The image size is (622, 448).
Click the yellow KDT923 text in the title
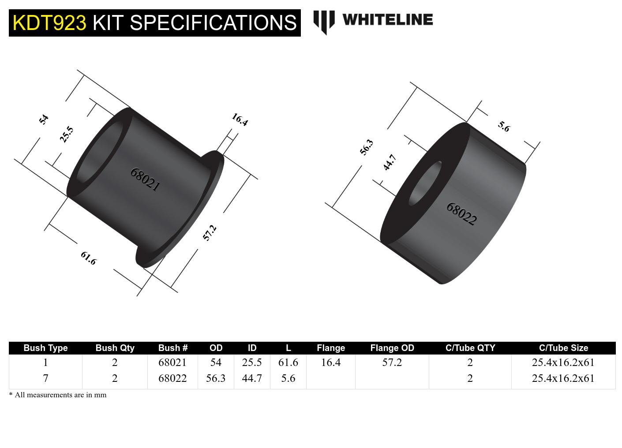click(x=49, y=22)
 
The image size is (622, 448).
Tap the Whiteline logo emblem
click(x=324, y=22)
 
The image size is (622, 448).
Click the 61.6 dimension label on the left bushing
click(x=88, y=258)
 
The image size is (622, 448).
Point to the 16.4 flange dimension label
click(x=240, y=119)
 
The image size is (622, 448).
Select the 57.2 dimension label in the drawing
click(x=210, y=233)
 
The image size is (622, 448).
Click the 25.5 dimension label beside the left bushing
click(x=67, y=134)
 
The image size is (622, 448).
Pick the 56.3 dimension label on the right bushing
click(x=366, y=147)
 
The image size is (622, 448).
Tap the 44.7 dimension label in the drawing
click(x=390, y=162)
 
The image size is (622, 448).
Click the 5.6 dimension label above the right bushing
click(x=504, y=127)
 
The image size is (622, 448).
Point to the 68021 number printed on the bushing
click(x=145, y=179)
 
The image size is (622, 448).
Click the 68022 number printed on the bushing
click(x=461, y=214)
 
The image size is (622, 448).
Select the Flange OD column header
click(x=392, y=348)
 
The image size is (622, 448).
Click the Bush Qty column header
click(x=115, y=348)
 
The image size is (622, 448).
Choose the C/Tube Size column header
click(x=563, y=348)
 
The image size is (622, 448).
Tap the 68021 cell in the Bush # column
click(x=172, y=362)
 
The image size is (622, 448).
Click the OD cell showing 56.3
click(x=216, y=378)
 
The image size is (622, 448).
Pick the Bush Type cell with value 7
click(x=45, y=378)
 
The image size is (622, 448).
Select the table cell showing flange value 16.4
click(x=330, y=362)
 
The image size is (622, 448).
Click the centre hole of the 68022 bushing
click(x=425, y=183)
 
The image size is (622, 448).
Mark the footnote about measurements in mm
click(x=58, y=395)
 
